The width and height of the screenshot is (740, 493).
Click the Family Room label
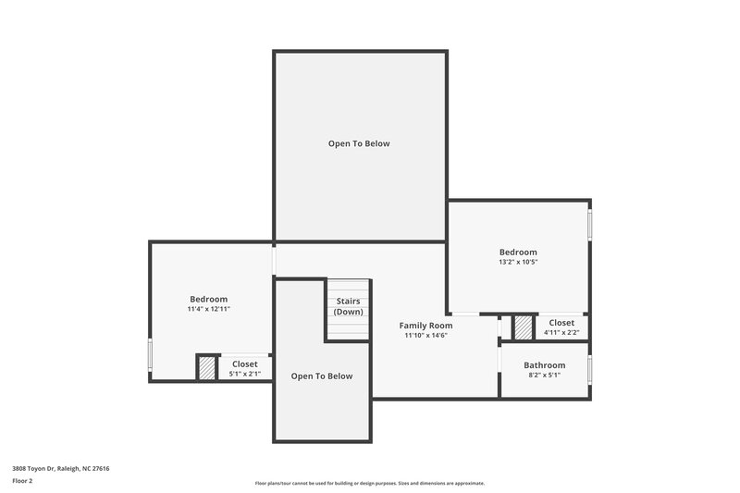[x=425, y=326]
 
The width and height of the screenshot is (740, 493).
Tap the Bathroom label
[x=544, y=365]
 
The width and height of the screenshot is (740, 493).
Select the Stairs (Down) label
[x=348, y=306]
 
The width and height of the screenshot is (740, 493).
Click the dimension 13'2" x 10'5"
[x=518, y=262]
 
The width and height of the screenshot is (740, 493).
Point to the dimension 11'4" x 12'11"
[x=208, y=309]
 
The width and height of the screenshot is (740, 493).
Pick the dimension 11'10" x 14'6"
[x=425, y=336]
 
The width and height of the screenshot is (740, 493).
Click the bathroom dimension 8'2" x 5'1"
[x=544, y=376]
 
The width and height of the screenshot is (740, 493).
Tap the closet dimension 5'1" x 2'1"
[x=245, y=374]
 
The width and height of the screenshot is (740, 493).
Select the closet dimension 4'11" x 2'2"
[x=561, y=332]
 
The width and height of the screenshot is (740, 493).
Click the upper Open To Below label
[x=359, y=143]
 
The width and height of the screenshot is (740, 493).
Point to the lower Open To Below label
[x=322, y=376]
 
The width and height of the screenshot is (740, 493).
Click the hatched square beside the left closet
[x=206, y=368]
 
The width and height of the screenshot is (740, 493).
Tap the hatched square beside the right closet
[x=524, y=327]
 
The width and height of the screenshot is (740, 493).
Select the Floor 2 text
[x=22, y=481]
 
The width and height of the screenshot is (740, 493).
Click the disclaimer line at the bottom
[x=369, y=483]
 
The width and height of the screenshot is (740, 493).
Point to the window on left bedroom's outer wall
[x=150, y=355]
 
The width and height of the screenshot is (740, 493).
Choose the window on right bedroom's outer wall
[x=590, y=225]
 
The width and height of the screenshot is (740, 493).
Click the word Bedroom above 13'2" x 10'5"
[x=518, y=252]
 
